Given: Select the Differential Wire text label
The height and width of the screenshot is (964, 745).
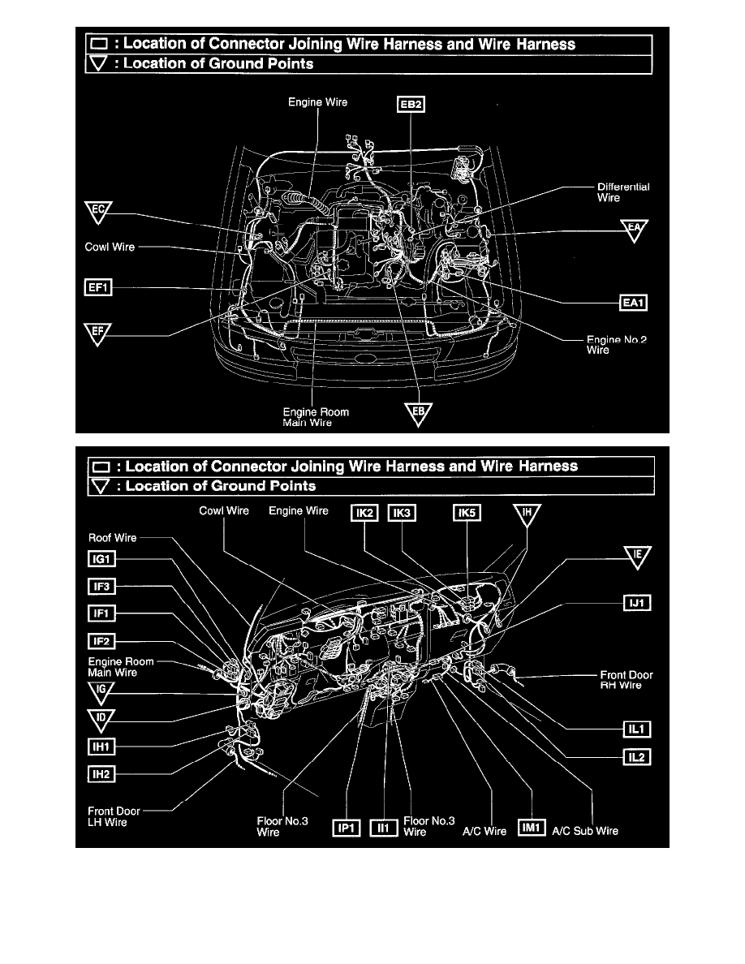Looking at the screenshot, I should coord(618,192).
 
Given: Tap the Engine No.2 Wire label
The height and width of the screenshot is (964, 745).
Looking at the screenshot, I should coord(617,345).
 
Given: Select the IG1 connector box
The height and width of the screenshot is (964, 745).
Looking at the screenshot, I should coord(103,559).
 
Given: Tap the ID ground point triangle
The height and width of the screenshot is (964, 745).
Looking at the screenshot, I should coord(101,718).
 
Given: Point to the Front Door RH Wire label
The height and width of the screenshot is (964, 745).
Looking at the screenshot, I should coord(626,680).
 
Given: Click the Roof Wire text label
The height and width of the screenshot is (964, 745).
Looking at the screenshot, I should coord(112,537).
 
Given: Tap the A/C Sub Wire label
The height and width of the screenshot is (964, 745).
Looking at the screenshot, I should coord(585,831).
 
